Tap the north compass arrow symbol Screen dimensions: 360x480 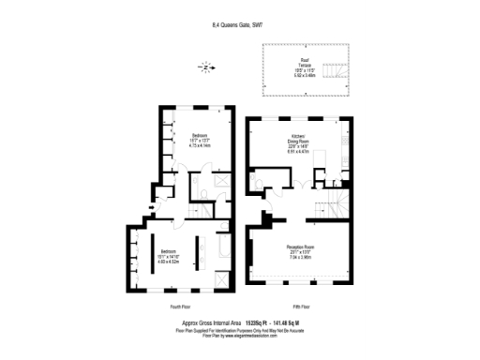pyautogui.click(x=205, y=67)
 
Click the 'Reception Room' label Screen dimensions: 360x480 pyautogui.click(x=300, y=247)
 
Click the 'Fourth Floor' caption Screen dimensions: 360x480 pyautogui.click(x=182, y=307)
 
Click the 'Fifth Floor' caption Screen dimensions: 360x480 pyautogui.click(x=302, y=307)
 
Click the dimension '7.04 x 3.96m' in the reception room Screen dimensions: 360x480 pyautogui.click(x=300, y=257)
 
